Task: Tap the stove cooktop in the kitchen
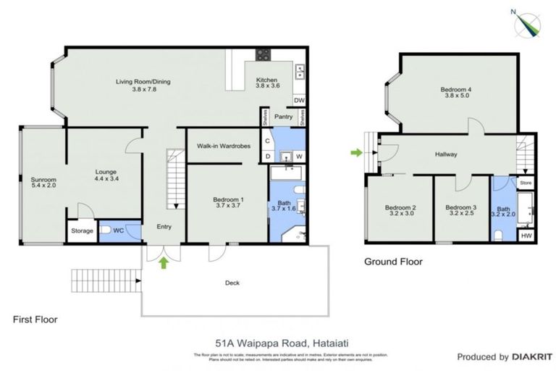pos(262,55)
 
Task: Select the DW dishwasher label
pos(299,101)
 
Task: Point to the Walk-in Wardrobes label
pos(224,146)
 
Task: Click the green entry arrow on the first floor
pos(164,263)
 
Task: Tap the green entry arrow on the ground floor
pos(355,152)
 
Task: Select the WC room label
pos(119,230)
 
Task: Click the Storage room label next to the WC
pos(81,231)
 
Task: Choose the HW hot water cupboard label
pos(526,235)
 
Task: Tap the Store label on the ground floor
pos(526,183)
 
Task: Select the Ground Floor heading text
pos(392,262)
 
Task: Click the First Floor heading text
pos(35,319)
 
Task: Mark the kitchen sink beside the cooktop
pos(300,71)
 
